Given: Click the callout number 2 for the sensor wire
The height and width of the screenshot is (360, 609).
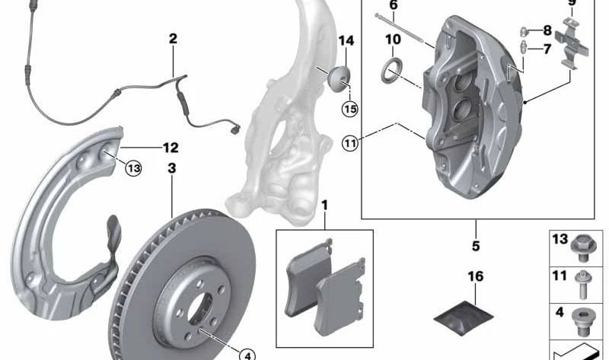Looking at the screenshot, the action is (x=173, y=39).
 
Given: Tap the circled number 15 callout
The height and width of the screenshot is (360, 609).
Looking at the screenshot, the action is (x=350, y=109).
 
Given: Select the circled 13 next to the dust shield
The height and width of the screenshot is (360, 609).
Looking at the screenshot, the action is (x=133, y=168).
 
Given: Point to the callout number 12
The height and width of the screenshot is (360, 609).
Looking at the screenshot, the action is (x=171, y=148).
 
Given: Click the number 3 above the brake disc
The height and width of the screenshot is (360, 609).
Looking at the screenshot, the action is (x=172, y=168).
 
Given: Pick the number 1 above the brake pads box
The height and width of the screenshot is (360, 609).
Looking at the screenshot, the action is (x=325, y=205).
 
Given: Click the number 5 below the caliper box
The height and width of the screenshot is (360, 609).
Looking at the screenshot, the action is (x=476, y=246).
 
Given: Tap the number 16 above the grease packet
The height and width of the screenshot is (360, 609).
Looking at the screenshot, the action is (x=475, y=276).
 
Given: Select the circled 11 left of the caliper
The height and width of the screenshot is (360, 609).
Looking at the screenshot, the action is (x=350, y=144).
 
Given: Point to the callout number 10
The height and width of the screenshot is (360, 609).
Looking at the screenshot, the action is (x=393, y=40).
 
